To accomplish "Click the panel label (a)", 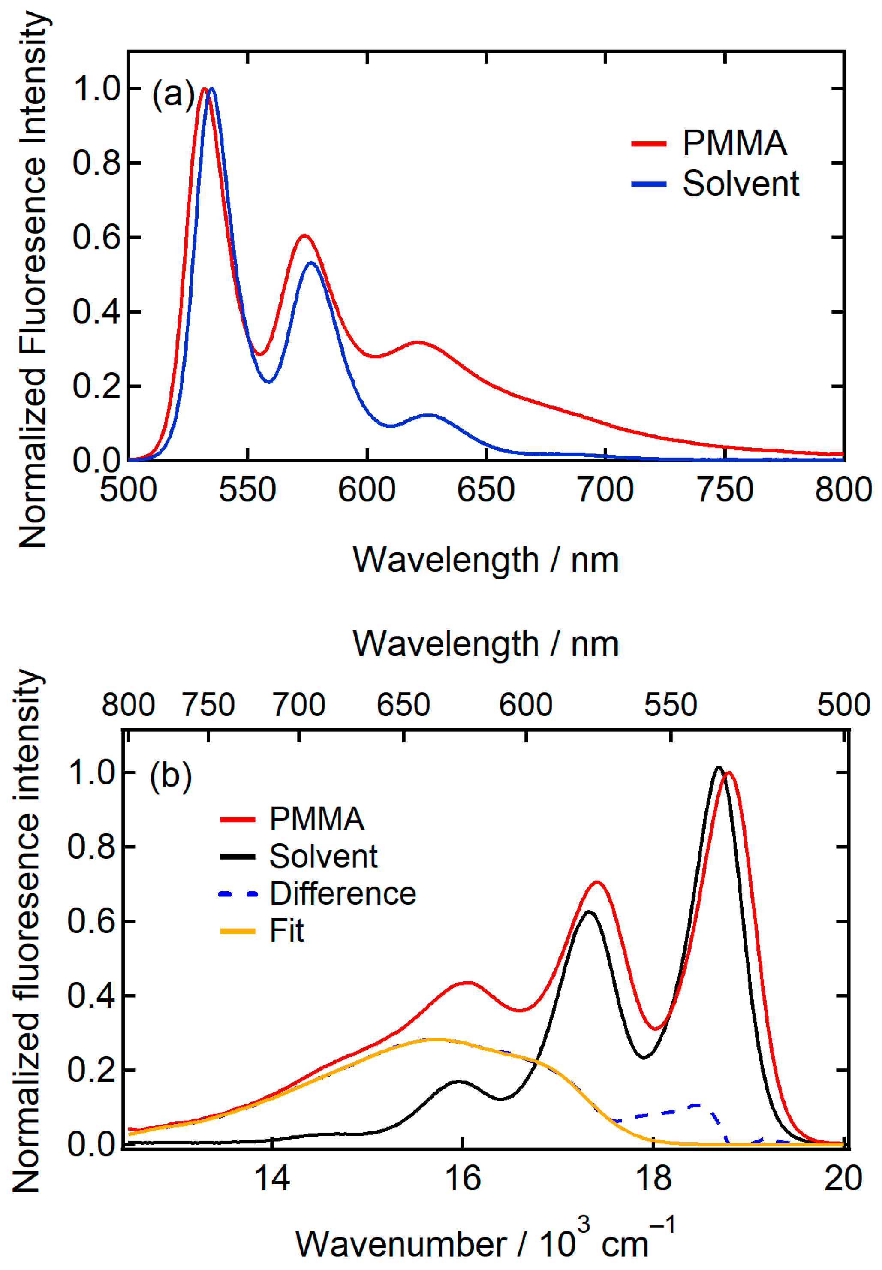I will click(x=173, y=94).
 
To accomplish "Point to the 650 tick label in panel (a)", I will click(x=486, y=490).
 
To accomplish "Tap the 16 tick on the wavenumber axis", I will click(x=463, y=1178).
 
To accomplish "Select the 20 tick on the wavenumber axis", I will click(x=843, y=1178).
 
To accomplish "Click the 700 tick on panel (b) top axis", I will click(x=299, y=705).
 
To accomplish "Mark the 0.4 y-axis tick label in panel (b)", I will click(x=92, y=995).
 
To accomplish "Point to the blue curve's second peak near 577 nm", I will click(x=312, y=262).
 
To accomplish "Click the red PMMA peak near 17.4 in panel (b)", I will click(x=597, y=882).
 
